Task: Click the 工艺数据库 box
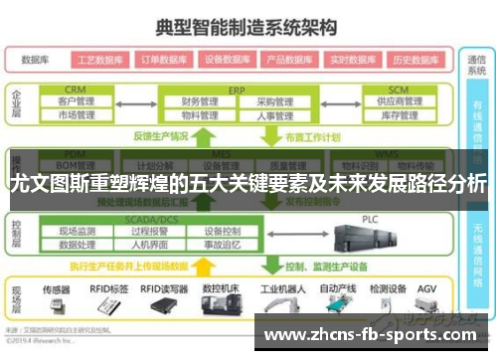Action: click(97, 59)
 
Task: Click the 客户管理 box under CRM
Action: click(77, 101)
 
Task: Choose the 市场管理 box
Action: click(77, 115)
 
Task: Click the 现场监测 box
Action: click(78, 231)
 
